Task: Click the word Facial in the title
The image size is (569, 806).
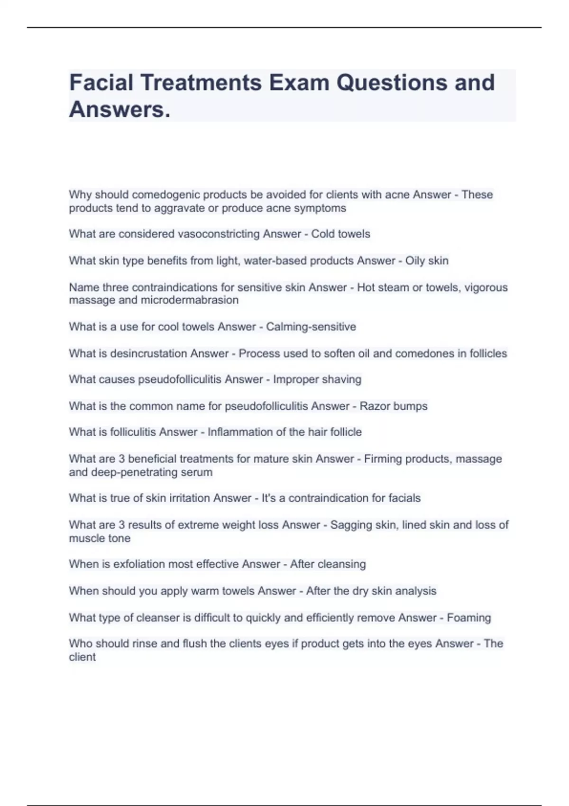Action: point(101,82)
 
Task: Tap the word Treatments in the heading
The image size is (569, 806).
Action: point(201,82)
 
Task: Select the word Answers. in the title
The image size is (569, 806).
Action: point(119,110)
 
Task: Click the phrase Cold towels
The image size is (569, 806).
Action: point(340,234)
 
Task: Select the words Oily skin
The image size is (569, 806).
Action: point(427,261)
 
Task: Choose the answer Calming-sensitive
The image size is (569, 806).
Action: point(311,327)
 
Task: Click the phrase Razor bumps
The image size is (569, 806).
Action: point(394,406)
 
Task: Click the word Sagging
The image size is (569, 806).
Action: point(349,525)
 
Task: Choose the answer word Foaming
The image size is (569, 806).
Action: point(468,618)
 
